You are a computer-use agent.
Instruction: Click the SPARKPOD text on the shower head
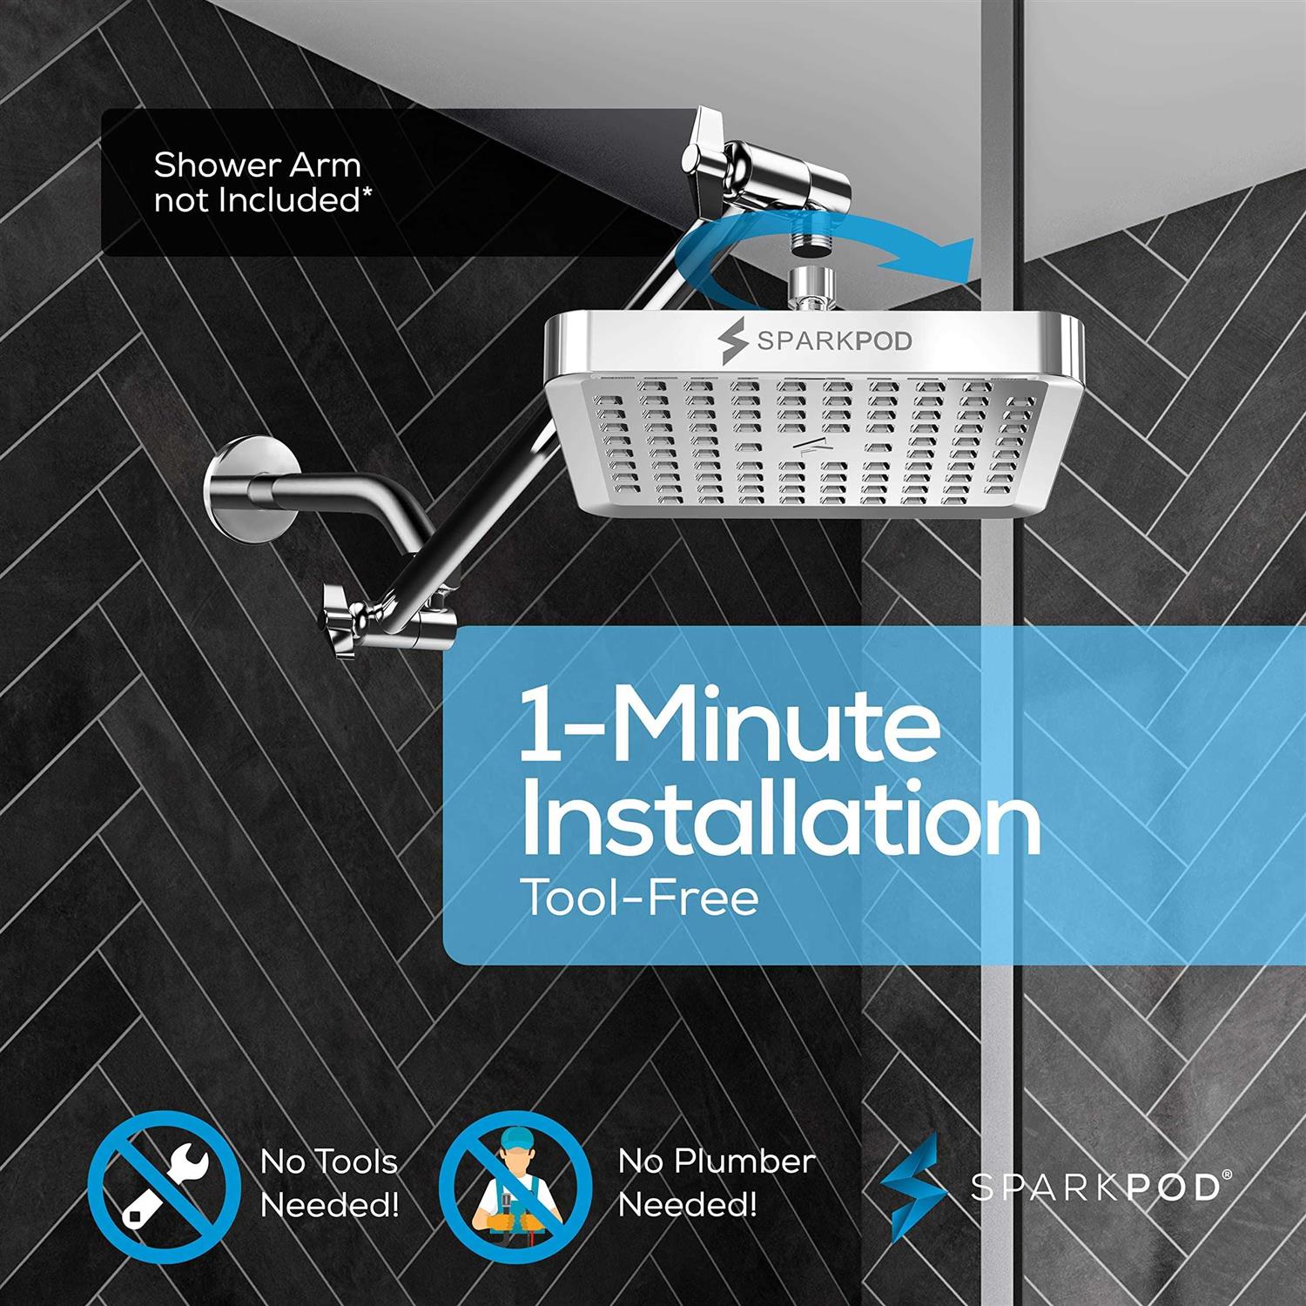click(x=834, y=340)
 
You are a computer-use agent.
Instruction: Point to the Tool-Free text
click(x=639, y=897)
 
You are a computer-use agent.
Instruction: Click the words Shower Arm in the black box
click(x=257, y=164)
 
